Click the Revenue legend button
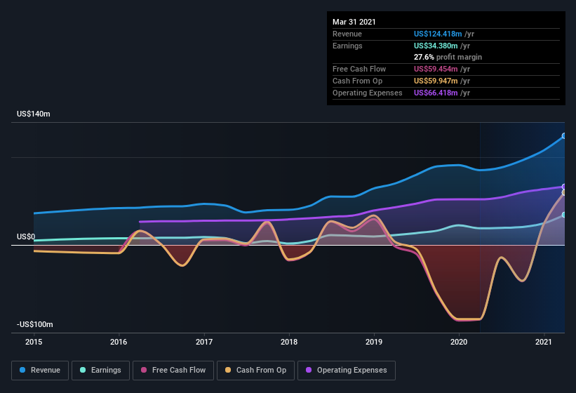[x=41, y=370]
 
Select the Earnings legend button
[x=100, y=370]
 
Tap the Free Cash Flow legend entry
[x=173, y=370]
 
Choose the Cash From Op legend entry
[x=256, y=370]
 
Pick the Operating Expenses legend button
[x=347, y=370]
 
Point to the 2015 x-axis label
[x=34, y=342]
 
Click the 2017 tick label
[x=204, y=342]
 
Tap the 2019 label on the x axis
[x=374, y=342]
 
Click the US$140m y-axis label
[x=34, y=114]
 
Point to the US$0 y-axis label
[x=26, y=237]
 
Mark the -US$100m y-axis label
[x=35, y=324]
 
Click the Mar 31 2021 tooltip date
[x=354, y=22]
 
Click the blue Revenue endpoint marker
[x=564, y=136]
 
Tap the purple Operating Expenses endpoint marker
[x=564, y=187]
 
